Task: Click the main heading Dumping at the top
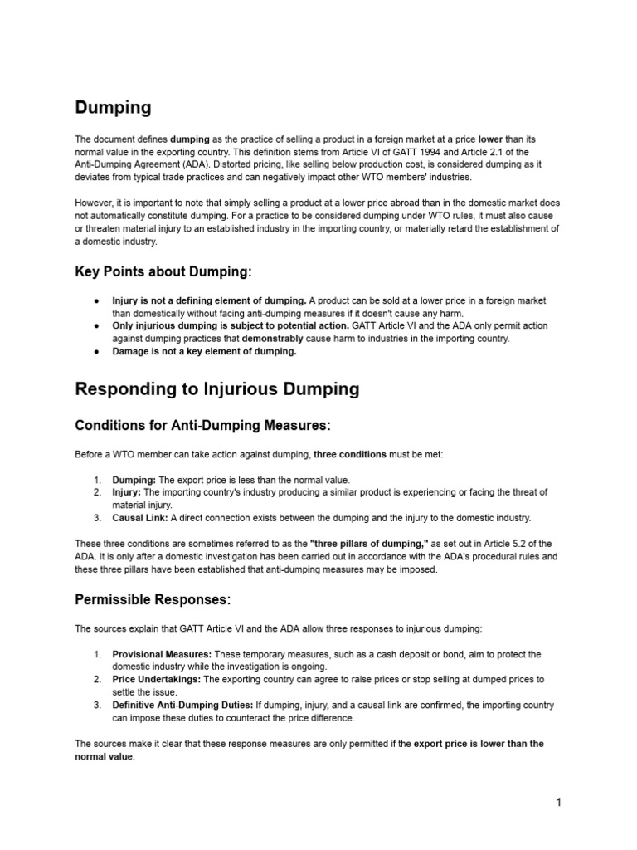[x=113, y=107]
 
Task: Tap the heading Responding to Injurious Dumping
[x=217, y=388]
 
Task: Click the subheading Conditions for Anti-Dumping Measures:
[x=202, y=425]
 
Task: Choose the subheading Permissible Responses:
[x=153, y=598]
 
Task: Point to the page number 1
[x=559, y=802]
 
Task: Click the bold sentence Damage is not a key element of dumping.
[x=204, y=351]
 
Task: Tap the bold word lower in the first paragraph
[x=491, y=139]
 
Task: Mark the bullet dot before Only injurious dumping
[x=97, y=326]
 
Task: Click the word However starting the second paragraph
[x=95, y=202]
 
